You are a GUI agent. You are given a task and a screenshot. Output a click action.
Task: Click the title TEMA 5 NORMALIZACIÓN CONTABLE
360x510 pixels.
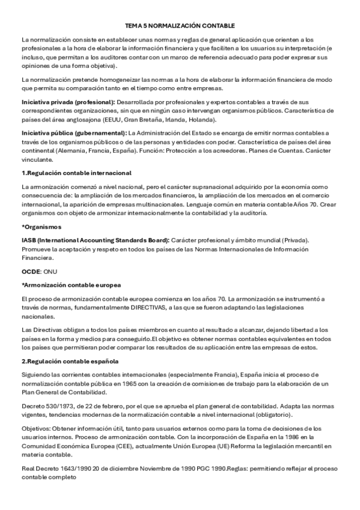coord(180,26)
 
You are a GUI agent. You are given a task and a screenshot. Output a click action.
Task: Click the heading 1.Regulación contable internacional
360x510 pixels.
coord(76,173)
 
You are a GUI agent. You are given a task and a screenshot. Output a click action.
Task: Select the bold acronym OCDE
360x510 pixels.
coord(31,272)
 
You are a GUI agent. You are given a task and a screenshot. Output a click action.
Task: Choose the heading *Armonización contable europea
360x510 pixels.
coord(71,284)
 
